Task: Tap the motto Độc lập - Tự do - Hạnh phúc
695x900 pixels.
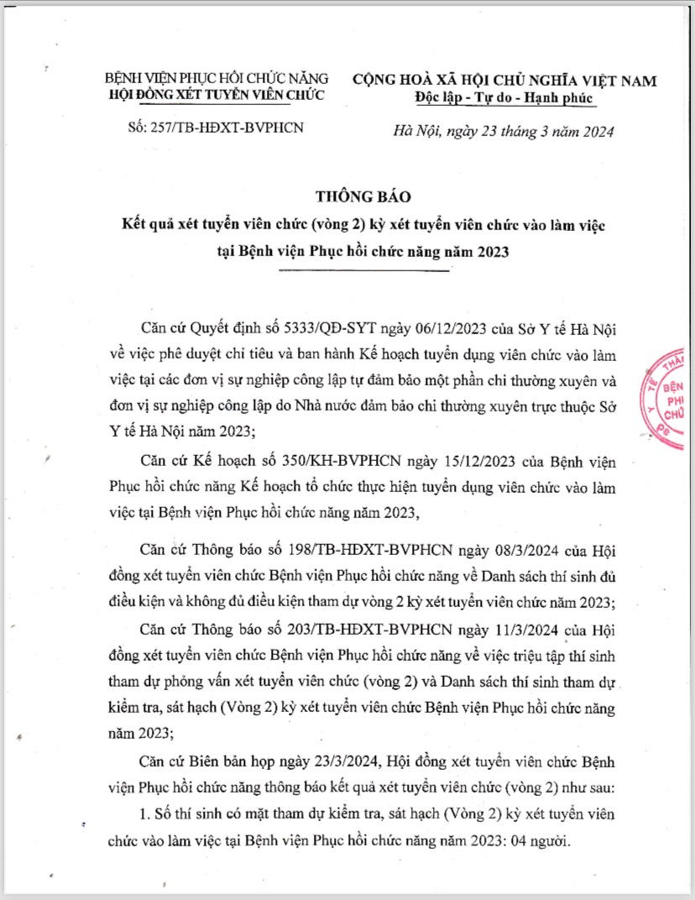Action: (x=504, y=98)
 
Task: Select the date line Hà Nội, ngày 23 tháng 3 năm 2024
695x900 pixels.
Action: (x=504, y=131)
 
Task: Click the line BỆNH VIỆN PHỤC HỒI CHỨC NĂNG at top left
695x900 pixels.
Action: (x=216, y=80)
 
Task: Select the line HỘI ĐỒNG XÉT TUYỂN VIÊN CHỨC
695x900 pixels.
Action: (x=217, y=95)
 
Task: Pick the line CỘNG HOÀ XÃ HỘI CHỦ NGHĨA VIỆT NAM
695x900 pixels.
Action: (x=504, y=81)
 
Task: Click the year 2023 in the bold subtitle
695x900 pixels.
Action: (x=490, y=252)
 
